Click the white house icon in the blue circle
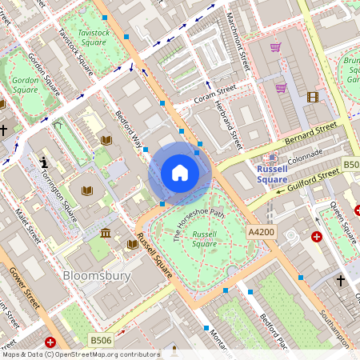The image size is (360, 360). (x=179, y=173)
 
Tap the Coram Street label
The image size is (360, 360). (x=216, y=96)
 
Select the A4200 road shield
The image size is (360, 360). (x=261, y=232)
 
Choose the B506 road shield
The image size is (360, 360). (x=101, y=340)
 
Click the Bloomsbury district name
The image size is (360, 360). (x=95, y=276)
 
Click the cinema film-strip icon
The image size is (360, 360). (x=312, y=97)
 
